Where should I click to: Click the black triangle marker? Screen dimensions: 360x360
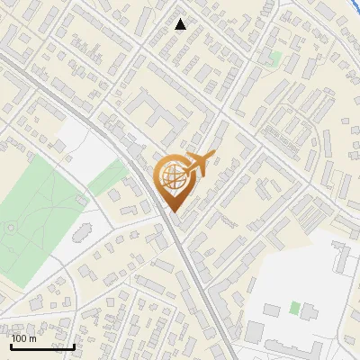coord(181,24)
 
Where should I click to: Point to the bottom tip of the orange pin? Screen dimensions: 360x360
coord(173,212)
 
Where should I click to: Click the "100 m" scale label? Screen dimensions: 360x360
coord(23,338)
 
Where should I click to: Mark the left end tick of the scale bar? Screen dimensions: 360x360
coord(11,346)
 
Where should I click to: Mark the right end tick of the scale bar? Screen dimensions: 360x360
coord(74,346)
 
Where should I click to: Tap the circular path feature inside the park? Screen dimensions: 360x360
coord(9,228)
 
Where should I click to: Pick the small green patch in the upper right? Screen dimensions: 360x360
coord(276,58)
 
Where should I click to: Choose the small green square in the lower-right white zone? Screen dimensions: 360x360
coord(294,308)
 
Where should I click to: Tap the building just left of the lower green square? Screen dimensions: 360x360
coord(272,310)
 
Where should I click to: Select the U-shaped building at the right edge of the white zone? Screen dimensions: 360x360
coord(344,256)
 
